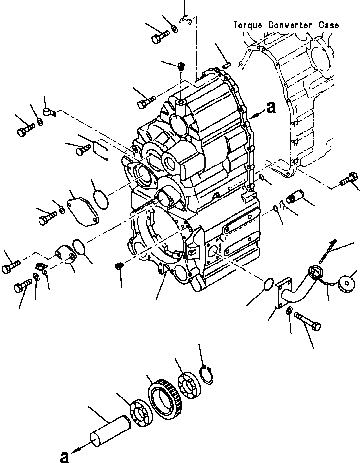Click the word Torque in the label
point(249,25)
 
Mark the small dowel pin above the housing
point(227,63)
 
